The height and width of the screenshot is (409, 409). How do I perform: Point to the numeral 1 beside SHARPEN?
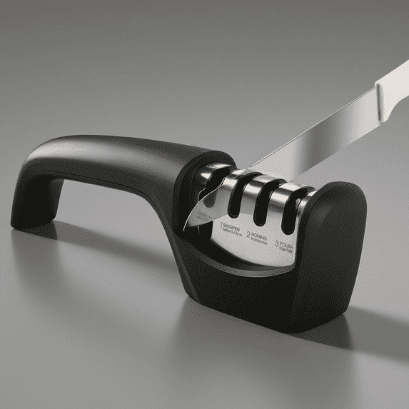(214, 223)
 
